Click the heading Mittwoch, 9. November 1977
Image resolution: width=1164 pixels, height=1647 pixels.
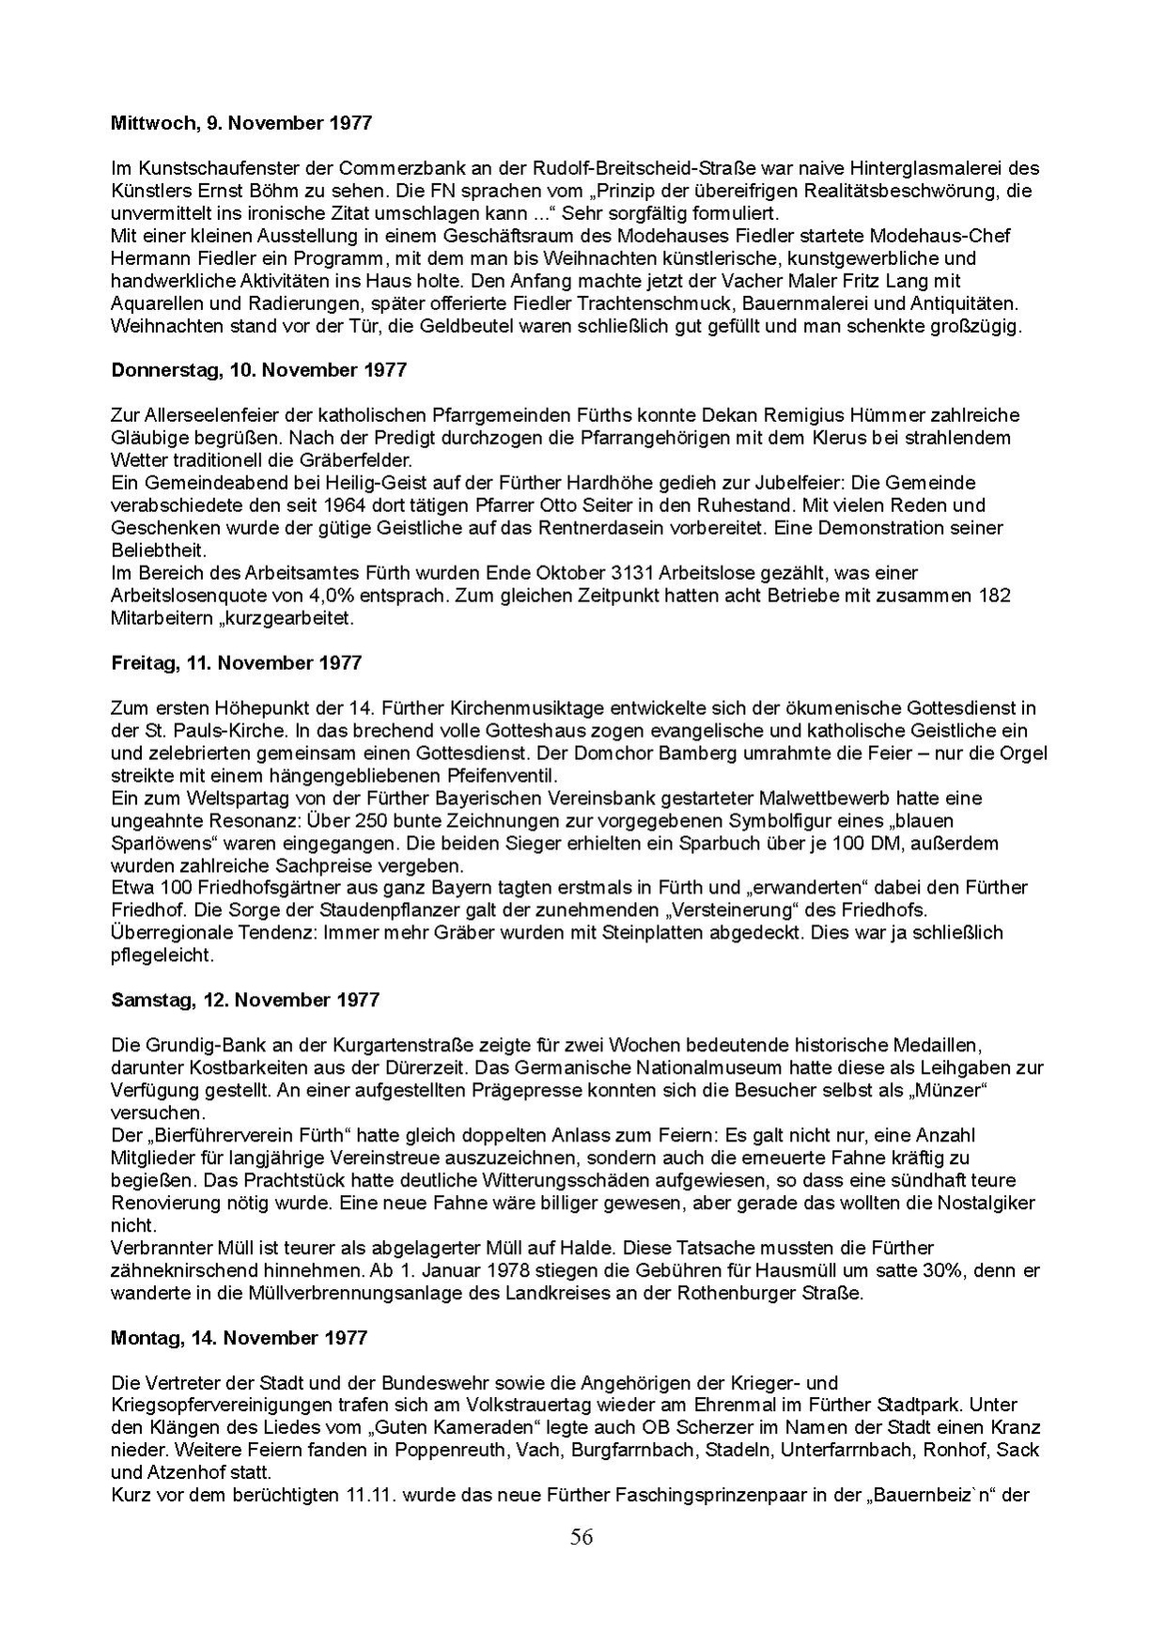pyautogui.click(x=241, y=123)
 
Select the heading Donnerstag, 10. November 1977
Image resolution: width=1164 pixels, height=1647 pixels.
pyautogui.click(x=258, y=370)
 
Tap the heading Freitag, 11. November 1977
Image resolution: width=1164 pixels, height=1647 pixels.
pyautogui.click(x=236, y=663)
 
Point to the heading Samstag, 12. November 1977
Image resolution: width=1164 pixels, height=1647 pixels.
pyautogui.click(x=245, y=1000)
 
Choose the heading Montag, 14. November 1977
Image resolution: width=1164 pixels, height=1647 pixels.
pyautogui.click(x=239, y=1338)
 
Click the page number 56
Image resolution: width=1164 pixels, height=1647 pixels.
pyautogui.click(x=582, y=1537)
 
